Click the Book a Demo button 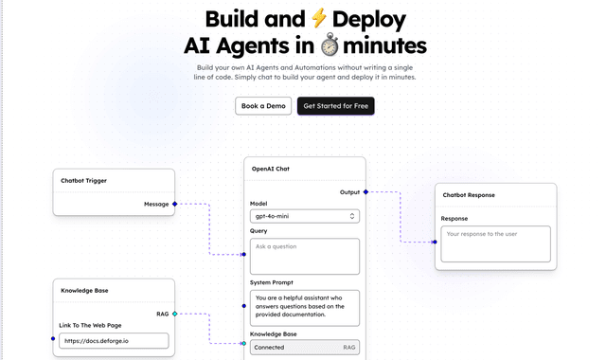[263, 106]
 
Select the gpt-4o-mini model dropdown [304, 216]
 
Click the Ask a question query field [304, 256]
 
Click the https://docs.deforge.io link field [115, 340]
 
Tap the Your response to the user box [494, 243]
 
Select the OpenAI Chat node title [270, 168]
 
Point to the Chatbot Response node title [469, 195]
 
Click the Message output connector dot [175, 204]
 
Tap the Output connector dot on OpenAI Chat [365, 192]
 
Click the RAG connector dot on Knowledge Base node [175, 314]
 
